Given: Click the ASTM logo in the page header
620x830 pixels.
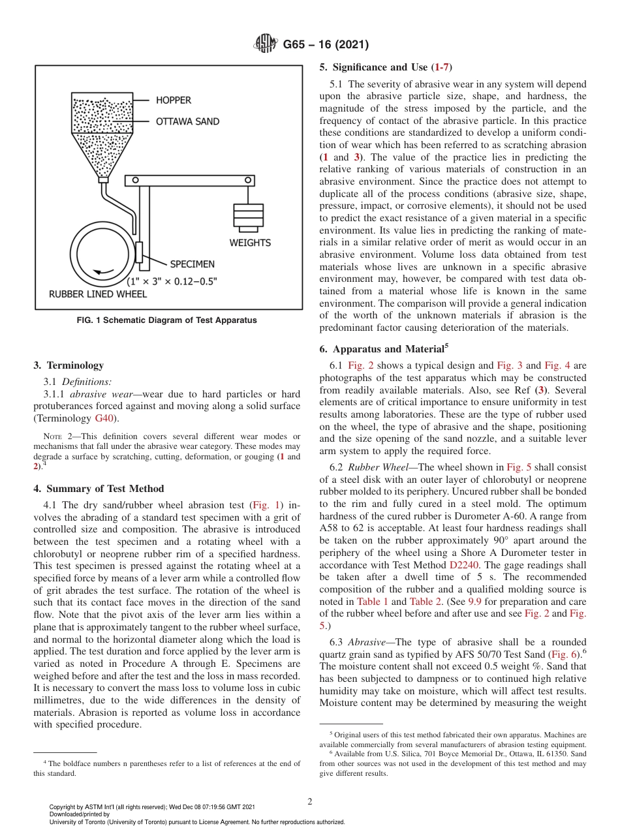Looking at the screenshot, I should tap(266, 45).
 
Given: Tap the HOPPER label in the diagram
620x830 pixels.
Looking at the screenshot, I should tap(173, 100).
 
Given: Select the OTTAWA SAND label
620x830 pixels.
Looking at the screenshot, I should tap(187, 121).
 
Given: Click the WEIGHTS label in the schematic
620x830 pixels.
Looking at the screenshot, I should tap(250, 243).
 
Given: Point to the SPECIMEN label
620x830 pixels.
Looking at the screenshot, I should tap(192, 264).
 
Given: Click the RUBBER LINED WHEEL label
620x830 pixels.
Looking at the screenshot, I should tap(98, 294).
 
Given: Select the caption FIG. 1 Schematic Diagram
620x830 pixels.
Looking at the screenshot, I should tap(167, 320).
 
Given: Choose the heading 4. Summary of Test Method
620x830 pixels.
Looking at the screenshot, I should tap(99, 489).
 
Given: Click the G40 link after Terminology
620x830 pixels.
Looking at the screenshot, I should tap(103, 418).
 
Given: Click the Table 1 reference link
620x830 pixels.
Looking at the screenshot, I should tap(372, 602).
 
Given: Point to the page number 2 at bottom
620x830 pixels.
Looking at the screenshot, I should tap(310, 802).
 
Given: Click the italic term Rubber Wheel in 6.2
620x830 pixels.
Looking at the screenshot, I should tap(371, 467).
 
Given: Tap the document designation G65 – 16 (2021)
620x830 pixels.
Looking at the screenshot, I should tap(326, 45).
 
